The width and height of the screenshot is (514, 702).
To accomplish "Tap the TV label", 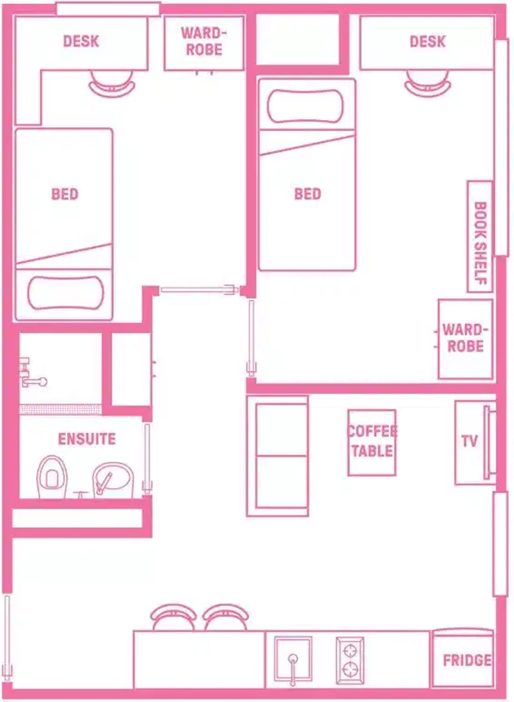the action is click(x=469, y=441).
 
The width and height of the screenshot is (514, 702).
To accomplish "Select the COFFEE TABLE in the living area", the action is click(x=372, y=443).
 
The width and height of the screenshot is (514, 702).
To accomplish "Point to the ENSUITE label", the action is click(x=87, y=439).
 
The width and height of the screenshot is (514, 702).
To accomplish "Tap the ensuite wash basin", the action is click(x=113, y=480).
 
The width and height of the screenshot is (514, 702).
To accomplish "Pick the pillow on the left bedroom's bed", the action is click(x=66, y=293).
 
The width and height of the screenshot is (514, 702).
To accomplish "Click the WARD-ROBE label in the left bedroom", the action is click(x=204, y=41).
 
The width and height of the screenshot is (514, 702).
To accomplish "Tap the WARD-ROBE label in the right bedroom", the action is click(x=465, y=338).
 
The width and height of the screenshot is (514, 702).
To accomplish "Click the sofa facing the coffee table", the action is click(x=278, y=456).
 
